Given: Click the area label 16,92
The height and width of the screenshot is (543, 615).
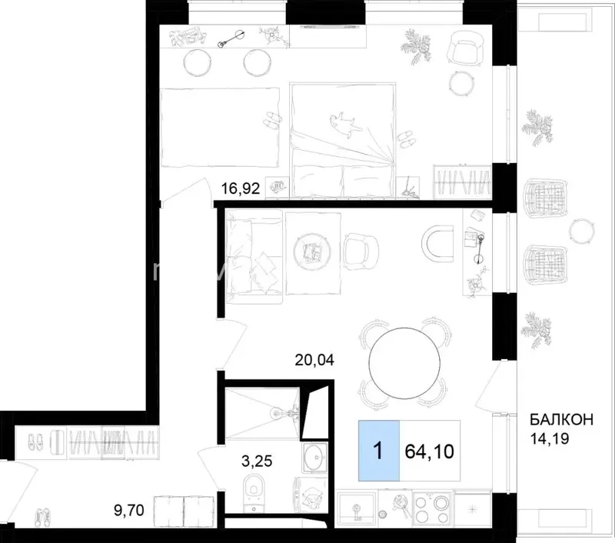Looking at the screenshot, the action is click(241, 189).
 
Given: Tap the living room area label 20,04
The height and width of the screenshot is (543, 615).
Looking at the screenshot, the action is click(314, 359).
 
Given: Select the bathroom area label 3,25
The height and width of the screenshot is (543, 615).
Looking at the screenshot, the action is click(257, 461).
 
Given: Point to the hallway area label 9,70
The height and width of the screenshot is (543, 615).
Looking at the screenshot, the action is click(129, 511).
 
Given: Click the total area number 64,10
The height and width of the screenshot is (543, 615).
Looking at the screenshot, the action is click(429, 451).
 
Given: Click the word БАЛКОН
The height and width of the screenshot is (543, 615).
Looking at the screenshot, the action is click(562, 420).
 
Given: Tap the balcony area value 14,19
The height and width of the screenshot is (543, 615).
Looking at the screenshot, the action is click(549, 438).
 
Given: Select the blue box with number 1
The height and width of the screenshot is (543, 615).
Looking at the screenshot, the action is click(379, 451).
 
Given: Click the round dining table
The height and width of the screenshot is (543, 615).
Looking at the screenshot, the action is click(404, 363).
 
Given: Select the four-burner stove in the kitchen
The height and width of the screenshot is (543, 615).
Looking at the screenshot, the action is click(434, 508).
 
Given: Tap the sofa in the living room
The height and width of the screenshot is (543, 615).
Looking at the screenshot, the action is click(254, 257).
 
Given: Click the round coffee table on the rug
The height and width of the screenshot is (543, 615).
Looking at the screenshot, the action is click(313, 251).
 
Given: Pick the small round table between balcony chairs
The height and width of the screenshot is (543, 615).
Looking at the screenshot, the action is click(582, 231).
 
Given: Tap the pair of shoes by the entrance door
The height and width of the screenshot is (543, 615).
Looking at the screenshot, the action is click(43, 517).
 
